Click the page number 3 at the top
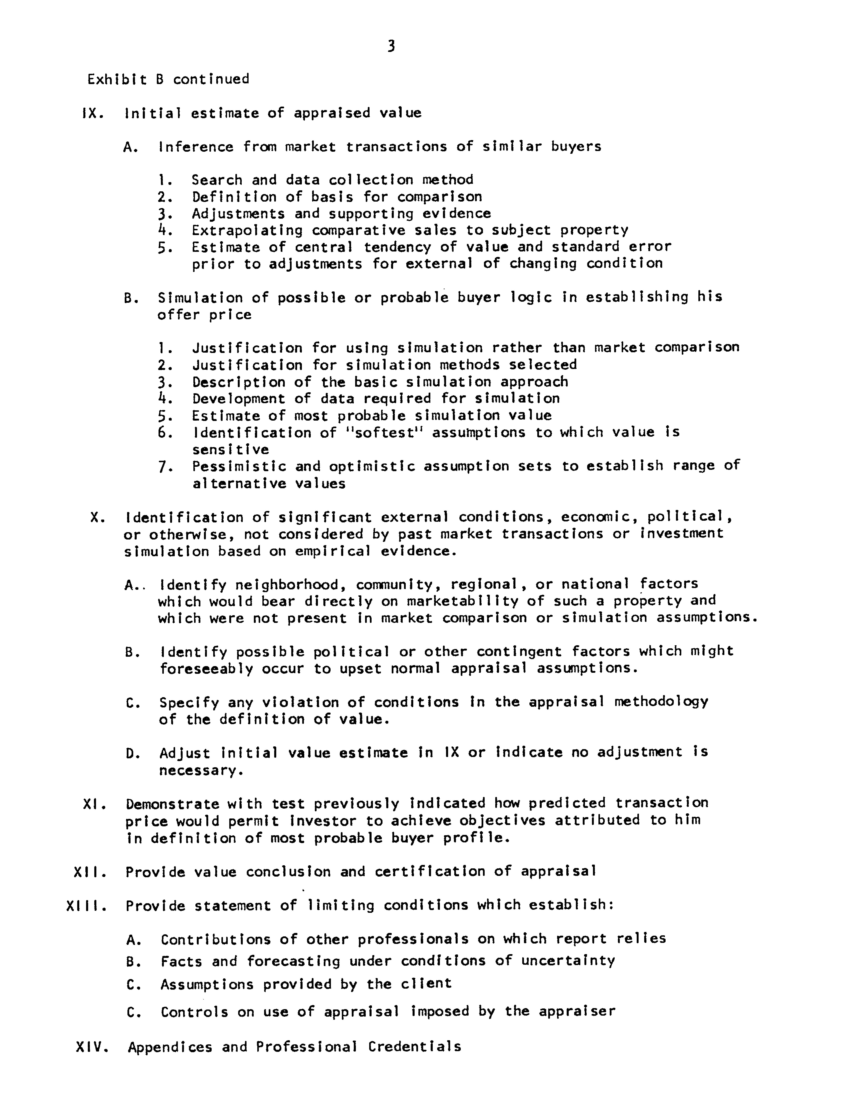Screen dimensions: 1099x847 click(x=391, y=47)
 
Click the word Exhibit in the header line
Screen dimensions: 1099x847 click(x=117, y=79)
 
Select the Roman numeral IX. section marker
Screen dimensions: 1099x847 click(x=93, y=113)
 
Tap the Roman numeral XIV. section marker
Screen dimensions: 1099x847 click(x=92, y=1047)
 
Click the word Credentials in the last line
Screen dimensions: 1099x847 click(x=414, y=1047)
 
